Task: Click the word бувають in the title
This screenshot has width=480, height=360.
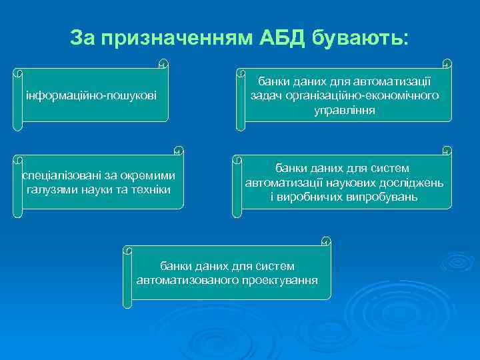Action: coord(359,38)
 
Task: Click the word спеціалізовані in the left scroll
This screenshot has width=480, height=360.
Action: coord(59,176)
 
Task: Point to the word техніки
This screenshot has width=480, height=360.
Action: coord(151,190)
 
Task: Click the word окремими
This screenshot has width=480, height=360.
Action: coord(150,176)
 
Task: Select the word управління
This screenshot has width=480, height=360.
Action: coord(345,111)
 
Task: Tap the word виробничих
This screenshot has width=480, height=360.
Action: coord(311,197)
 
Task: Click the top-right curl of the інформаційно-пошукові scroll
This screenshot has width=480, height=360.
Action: coord(163,65)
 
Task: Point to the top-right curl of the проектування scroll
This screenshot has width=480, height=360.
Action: coord(325,241)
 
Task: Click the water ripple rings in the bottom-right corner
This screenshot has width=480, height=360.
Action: coord(439,259)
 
